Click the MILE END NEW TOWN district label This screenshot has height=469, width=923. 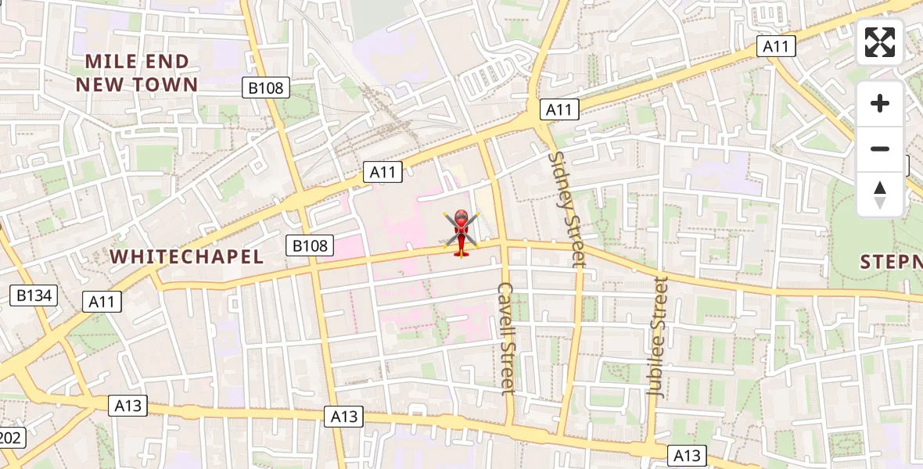(x=137, y=73)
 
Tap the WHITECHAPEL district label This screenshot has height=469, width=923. (x=186, y=256)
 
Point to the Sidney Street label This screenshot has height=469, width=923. (x=567, y=209)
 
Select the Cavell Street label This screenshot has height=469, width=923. (x=507, y=338)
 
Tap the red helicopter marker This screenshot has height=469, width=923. (x=461, y=233)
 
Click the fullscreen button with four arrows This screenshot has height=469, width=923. (x=880, y=42)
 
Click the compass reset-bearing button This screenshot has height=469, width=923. (x=880, y=194)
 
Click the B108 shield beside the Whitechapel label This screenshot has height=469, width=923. (x=310, y=245)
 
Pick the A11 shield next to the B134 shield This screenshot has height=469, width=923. (x=102, y=301)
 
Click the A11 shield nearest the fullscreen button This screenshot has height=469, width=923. (x=776, y=46)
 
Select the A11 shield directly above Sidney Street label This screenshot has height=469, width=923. (x=558, y=109)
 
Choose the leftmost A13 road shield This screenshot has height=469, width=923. (x=127, y=405)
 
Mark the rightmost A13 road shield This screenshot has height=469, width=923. (x=688, y=456)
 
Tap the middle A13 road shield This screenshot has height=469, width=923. (x=343, y=417)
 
